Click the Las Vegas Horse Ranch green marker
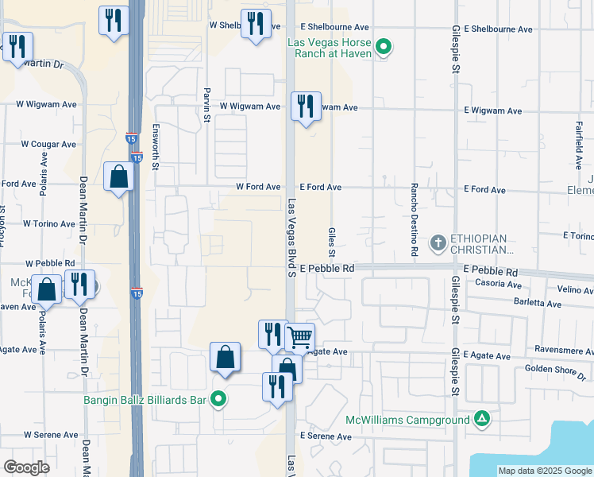[x=384, y=46]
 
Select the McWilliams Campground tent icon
[x=481, y=418]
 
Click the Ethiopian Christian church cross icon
[x=437, y=242]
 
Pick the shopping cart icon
[x=299, y=337]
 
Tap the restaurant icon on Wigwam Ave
[x=306, y=106]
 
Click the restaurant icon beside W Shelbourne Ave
[x=254, y=23]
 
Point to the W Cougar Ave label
[x=48, y=145]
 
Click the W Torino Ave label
[x=49, y=224]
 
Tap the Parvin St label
[x=206, y=105]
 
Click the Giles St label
[x=332, y=237]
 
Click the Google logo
[x=26, y=467]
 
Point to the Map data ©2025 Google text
[x=544, y=471]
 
